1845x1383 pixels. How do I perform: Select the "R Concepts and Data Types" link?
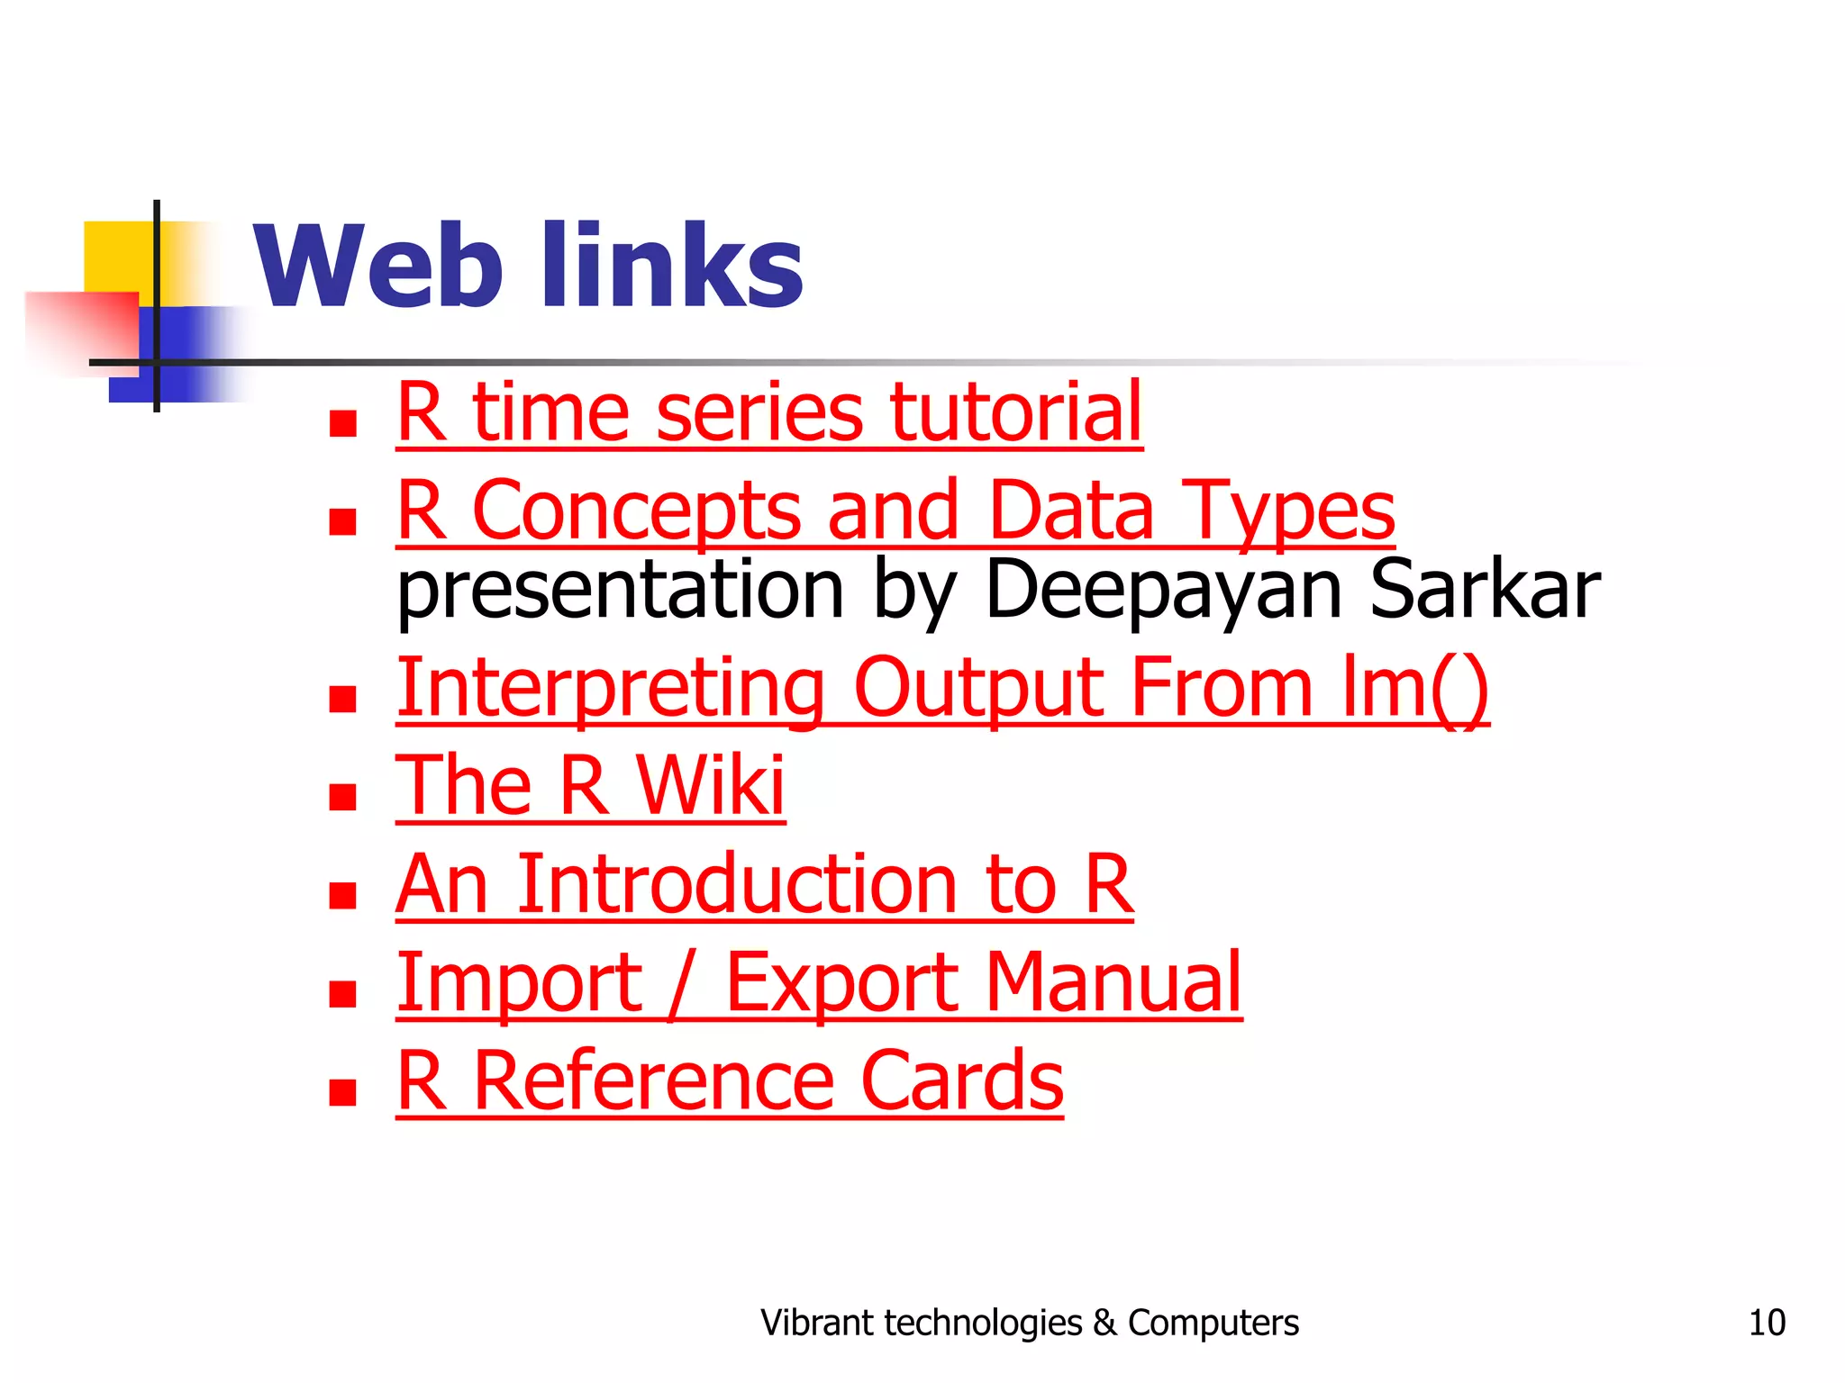(x=895, y=511)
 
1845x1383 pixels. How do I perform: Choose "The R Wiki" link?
(x=590, y=785)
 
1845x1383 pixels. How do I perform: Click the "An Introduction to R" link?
(x=764, y=884)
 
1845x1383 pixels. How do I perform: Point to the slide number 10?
(x=1766, y=1323)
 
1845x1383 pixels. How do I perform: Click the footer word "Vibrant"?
(x=816, y=1323)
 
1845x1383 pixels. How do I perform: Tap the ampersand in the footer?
(x=1104, y=1323)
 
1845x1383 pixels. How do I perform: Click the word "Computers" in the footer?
(x=1213, y=1323)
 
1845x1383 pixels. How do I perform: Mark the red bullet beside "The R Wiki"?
(x=342, y=796)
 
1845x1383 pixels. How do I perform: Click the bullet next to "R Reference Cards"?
(x=342, y=1091)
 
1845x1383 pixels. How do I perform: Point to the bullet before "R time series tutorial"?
(x=342, y=423)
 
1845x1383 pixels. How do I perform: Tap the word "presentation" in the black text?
(x=620, y=591)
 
